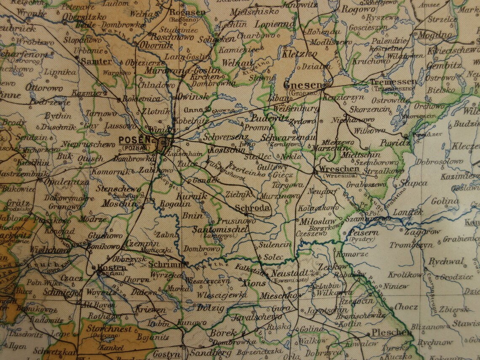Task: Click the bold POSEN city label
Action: click(135, 140)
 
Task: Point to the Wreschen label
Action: click(339, 169)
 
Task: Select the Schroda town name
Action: click(252, 208)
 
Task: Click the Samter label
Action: click(96, 61)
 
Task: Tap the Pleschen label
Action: click(391, 333)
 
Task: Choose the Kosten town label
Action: click(112, 267)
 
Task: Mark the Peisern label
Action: click(363, 232)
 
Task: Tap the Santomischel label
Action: click(220, 230)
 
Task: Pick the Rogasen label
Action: click(187, 13)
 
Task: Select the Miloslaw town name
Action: click(318, 221)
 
